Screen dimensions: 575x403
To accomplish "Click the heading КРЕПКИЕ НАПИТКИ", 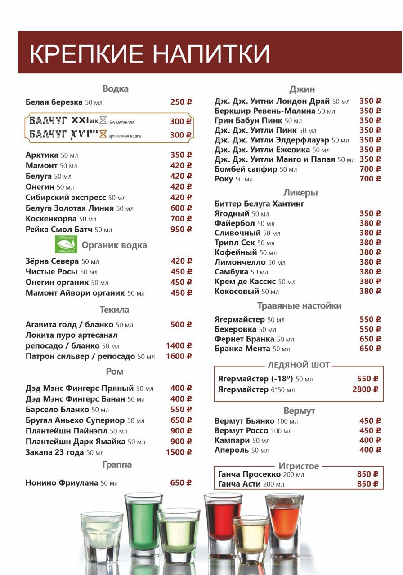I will (x=149, y=53).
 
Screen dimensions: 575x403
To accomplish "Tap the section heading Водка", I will (x=115, y=88).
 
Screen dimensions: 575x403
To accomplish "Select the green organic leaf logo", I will (x=66, y=245).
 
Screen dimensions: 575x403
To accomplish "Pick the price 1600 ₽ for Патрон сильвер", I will (x=179, y=356).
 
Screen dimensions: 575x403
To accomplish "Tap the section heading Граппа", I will (x=117, y=464).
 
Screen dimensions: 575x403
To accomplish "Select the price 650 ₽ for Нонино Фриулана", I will (x=181, y=483).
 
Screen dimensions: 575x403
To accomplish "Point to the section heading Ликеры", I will (x=300, y=192).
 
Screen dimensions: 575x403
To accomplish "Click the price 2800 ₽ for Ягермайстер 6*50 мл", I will (x=365, y=389).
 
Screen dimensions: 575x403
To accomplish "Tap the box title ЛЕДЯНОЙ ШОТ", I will (x=299, y=365).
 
